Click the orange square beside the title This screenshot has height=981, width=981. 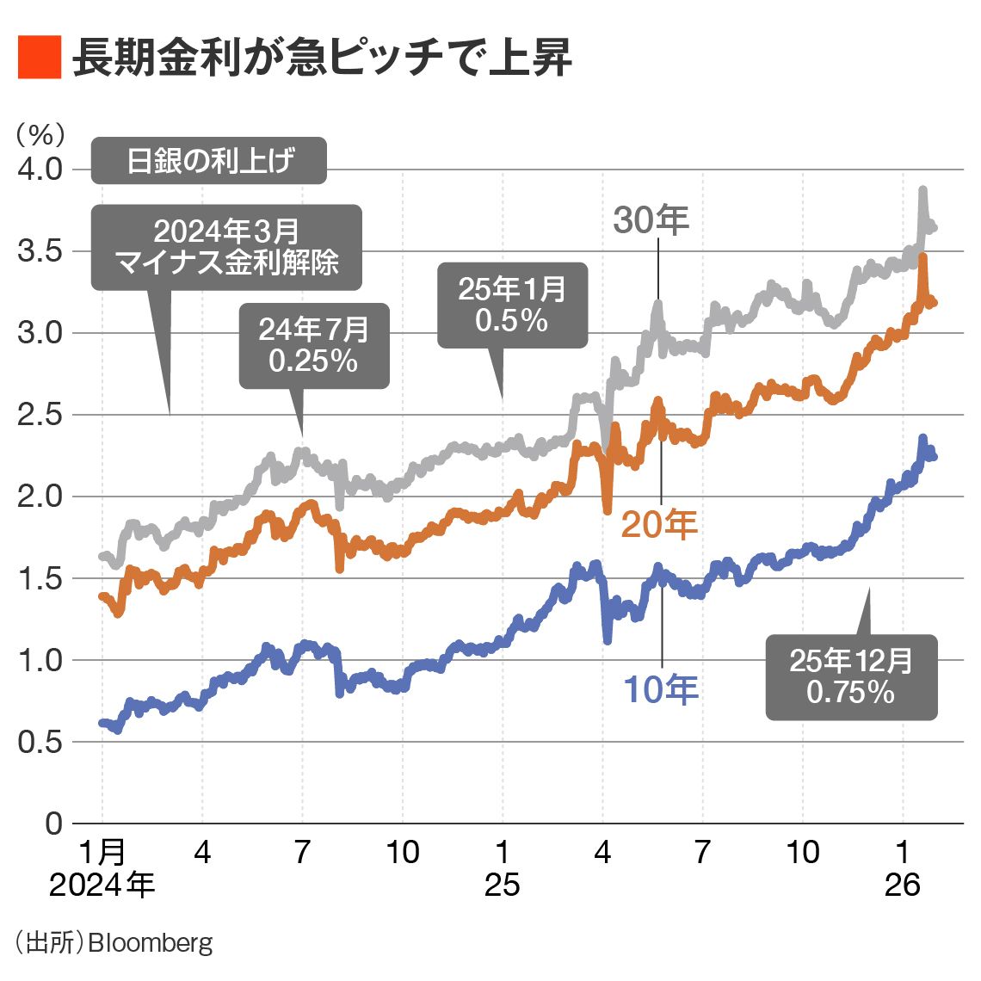[x=40, y=58]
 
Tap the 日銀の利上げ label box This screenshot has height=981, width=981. [x=209, y=160]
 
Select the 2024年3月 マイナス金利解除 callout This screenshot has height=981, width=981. [x=226, y=246]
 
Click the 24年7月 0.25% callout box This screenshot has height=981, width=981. [x=314, y=345]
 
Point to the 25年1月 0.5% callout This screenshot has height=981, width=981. [x=512, y=305]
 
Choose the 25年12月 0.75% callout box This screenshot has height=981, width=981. [x=851, y=676]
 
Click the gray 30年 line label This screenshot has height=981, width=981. [x=651, y=220]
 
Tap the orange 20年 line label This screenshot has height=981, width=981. [x=659, y=523]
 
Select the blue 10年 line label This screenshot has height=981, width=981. [x=660, y=689]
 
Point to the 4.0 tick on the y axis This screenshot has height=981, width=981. [x=40, y=169]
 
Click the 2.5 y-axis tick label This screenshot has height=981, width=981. [x=40, y=415]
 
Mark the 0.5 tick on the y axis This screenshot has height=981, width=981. [x=40, y=742]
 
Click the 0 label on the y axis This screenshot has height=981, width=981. [x=53, y=824]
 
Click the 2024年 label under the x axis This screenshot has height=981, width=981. [x=102, y=885]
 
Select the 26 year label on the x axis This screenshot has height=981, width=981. [x=902, y=885]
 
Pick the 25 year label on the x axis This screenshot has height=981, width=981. [x=502, y=885]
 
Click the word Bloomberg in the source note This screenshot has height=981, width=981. [x=151, y=942]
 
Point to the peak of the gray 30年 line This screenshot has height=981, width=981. [x=922, y=189]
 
